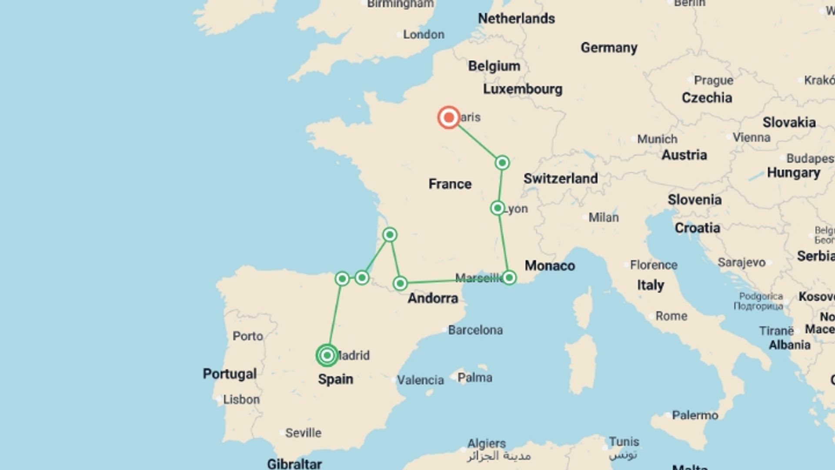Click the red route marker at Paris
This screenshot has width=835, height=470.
coord(448,117)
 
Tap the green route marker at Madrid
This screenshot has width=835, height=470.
coord(327,356)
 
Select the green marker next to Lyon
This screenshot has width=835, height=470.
coord(498,208)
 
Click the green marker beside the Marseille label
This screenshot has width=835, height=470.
coord(509,278)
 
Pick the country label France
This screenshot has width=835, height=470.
coord(450,184)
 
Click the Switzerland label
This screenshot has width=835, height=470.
coord(560,178)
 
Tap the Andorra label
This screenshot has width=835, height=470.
coord(433,299)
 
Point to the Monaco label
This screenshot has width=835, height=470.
coord(550,265)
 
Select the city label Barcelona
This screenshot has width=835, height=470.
coord(475,330)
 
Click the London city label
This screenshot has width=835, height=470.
coord(423,34)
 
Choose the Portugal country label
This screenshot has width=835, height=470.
coord(230,374)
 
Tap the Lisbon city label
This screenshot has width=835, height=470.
coord(241,399)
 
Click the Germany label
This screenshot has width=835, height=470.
coord(609,47)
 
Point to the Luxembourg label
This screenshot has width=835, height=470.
coord(522,89)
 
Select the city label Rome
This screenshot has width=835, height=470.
coord(671,316)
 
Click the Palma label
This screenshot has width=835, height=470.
coord(474,377)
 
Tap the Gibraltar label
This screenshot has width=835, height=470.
coord(294,464)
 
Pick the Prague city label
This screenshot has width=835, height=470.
coord(713,81)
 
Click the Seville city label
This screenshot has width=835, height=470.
coord(303,433)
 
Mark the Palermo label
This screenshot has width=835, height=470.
coord(695,415)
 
